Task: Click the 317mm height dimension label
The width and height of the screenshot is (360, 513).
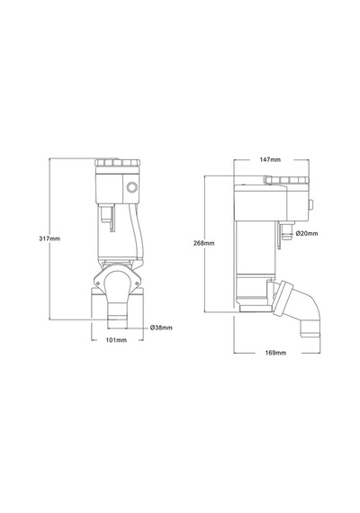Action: (49, 238)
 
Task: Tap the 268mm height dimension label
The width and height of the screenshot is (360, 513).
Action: (204, 243)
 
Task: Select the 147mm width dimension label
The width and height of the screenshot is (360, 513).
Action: (270, 159)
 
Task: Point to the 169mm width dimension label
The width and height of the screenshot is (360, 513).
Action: (275, 353)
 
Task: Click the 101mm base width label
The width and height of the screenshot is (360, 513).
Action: (116, 340)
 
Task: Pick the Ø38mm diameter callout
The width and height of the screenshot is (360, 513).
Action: (161, 328)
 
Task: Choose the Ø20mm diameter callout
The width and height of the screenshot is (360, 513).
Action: (307, 233)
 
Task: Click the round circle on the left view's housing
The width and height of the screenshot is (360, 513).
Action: (132, 187)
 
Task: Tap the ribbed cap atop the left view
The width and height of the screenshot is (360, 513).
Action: (118, 163)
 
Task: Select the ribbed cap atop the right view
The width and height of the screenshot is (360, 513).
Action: (286, 180)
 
